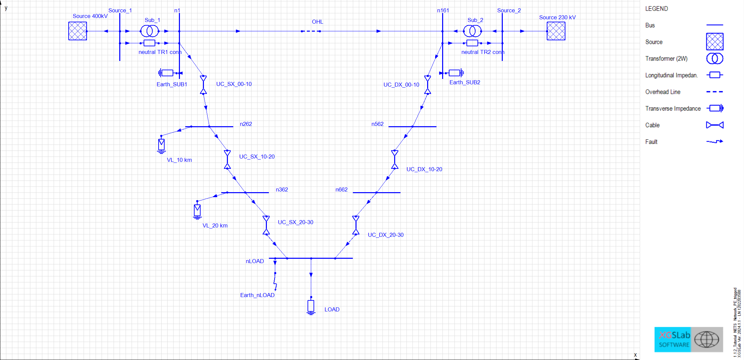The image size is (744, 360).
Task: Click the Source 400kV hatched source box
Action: click(x=78, y=31)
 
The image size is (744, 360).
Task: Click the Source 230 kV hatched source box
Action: click(x=556, y=31)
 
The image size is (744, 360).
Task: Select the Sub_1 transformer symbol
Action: click(x=149, y=31)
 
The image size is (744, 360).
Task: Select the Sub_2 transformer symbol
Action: click(x=472, y=31)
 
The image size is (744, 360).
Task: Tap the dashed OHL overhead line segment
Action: click(x=311, y=31)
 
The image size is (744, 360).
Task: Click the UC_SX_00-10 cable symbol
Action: click(x=203, y=85)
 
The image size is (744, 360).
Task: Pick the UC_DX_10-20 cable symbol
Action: click(x=395, y=159)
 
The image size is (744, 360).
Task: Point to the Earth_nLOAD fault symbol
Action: click(x=275, y=281)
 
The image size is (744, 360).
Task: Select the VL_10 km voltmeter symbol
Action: click(x=162, y=145)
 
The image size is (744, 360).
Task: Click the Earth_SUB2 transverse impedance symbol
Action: click(x=455, y=73)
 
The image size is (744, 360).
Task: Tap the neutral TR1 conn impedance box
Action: click(x=149, y=43)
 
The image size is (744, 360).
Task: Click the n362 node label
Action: click(x=282, y=189)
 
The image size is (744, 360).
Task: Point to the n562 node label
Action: click(x=377, y=124)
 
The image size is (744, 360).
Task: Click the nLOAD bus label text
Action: click(x=255, y=261)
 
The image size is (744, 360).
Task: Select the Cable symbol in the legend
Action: click(x=715, y=125)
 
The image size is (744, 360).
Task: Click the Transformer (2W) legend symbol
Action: click(x=715, y=59)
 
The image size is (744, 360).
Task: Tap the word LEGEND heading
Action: click(x=656, y=9)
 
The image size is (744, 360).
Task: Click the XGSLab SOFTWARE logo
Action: click(x=688, y=339)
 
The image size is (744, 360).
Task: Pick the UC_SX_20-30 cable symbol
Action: click(x=266, y=225)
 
